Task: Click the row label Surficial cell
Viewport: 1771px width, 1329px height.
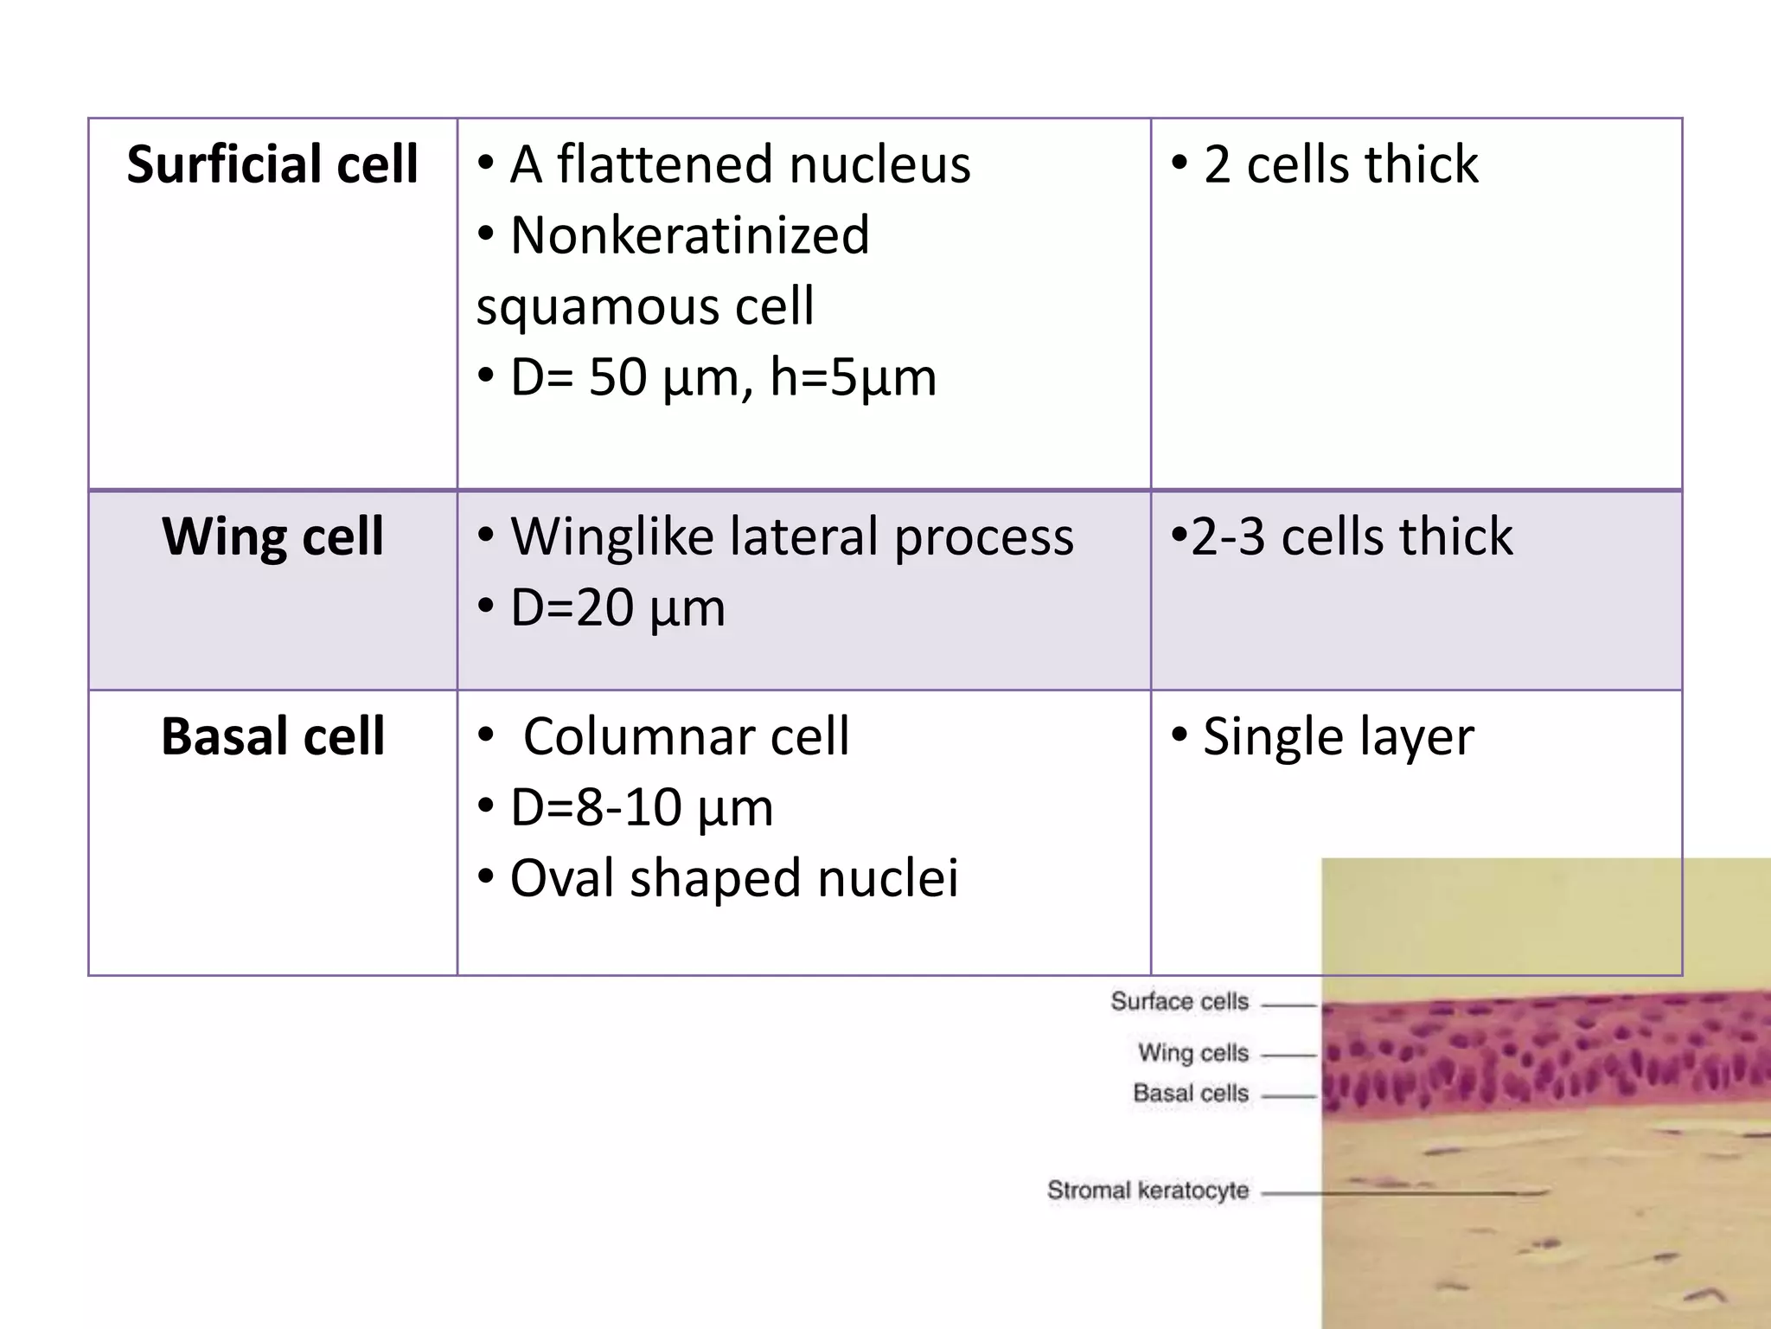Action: [x=272, y=164]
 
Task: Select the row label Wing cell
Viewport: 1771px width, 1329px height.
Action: [x=272, y=536]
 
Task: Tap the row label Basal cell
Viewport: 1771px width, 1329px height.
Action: [x=272, y=736]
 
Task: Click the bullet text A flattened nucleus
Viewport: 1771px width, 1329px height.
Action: [x=739, y=164]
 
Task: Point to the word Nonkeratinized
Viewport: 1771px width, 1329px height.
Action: [x=689, y=235]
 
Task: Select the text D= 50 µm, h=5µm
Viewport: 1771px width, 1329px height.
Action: [x=722, y=377]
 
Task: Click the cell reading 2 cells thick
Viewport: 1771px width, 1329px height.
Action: [x=1339, y=164]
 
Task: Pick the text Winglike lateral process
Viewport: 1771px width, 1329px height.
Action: [x=791, y=536]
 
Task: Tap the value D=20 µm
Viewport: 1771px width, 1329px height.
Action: [x=617, y=607]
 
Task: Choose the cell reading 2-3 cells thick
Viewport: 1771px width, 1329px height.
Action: [x=1351, y=536]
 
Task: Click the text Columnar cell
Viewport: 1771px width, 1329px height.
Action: [x=686, y=736]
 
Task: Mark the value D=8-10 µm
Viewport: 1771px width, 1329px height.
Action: [x=641, y=807]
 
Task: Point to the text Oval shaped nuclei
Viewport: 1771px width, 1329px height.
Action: [x=733, y=878]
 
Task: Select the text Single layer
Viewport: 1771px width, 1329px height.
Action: [x=1337, y=736]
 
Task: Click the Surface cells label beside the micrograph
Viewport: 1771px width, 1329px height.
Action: [x=1180, y=1002]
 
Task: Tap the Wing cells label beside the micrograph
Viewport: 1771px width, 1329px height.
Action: [x=1193, y=1053]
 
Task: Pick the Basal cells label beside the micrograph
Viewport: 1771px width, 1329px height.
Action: [x=1191, y=1094]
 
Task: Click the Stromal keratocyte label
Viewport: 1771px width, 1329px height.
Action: [x=1148, y=1191]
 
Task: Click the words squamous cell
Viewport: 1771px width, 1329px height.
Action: [x=645, y=306]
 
